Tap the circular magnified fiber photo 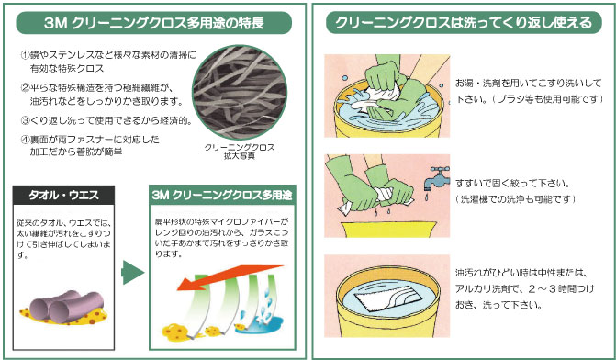[240, 93]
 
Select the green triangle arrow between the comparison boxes [132, 272]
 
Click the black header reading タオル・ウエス [63, 196]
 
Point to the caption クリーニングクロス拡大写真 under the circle [240, 152]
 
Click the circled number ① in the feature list [25, 55]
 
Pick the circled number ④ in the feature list [25, 139]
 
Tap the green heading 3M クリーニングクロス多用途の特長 [153, 23]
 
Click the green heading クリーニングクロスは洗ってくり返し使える [464, 23]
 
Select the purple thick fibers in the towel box [66, 306]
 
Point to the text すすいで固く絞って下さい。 [512, 184]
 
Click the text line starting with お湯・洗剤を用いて [529, 84]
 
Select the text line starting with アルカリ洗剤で [524, 289]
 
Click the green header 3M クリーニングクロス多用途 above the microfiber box [222, 196]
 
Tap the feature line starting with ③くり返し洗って [106, 120]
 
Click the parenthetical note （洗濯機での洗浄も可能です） [515, 199]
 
